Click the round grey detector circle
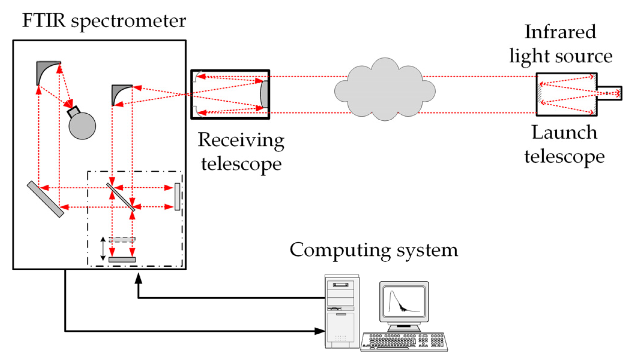(x=82, y=126)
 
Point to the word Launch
(x=564, y=132)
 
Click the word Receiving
(x=241, y=140)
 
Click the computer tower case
(x=342, y=312)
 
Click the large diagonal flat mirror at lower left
(x=45, y=199)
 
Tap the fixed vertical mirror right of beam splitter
(x=177, y=196)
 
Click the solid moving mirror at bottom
(x=122, y=259)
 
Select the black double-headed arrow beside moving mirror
(x=103, y=249)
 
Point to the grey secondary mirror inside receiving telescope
(x=264, y=94)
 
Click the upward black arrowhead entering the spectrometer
(x=138, y=279)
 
